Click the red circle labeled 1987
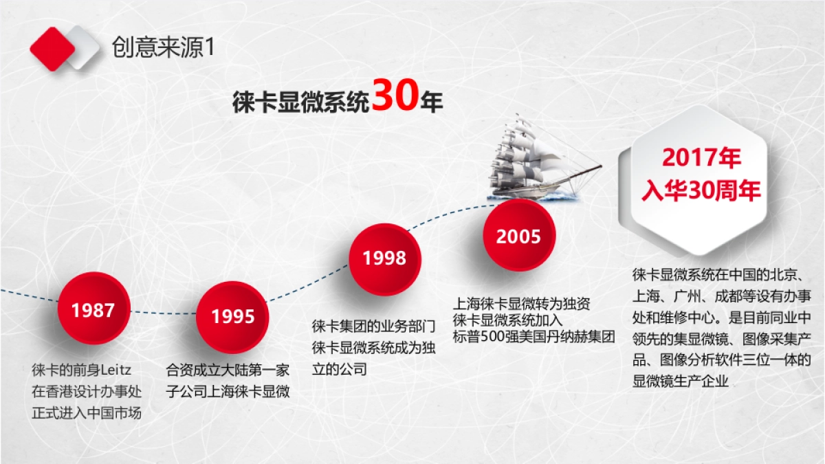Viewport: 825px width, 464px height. (93, 310)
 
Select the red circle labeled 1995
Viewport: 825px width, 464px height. (232, 316)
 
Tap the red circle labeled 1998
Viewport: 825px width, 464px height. (384, 258)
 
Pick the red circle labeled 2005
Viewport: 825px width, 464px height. (518, 237)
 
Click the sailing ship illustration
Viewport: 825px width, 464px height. (529, 158)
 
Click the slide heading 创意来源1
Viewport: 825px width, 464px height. (164, 47)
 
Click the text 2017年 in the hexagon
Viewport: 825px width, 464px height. (701, 158)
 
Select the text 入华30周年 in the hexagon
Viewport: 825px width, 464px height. (701, 190)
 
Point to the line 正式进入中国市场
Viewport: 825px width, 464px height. (87, 413)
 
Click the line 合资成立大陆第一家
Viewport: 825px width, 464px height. (228, 370)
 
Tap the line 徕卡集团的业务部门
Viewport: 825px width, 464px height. (373, 326)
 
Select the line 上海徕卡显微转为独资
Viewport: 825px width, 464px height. (521, 303)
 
